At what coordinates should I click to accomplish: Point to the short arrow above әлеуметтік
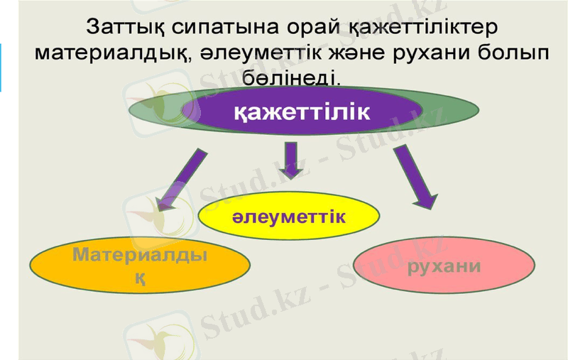pos(289,160)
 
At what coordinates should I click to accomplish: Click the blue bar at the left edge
pos(1,67)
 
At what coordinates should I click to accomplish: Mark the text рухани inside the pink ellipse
pos(444,266)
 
